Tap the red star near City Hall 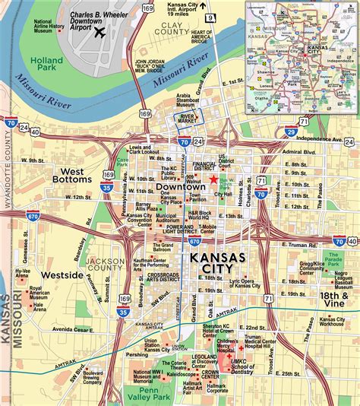click(215, 179)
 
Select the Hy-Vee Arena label click(23, 273)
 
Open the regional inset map click(301, 46)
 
